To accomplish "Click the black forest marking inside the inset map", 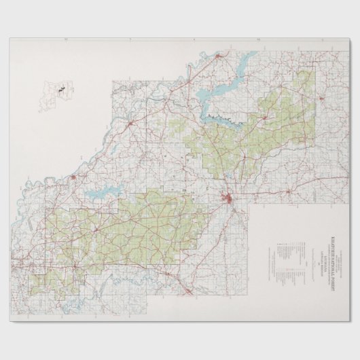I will (x=60, y=89).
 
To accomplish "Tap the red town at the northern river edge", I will (x=217, y=57).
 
